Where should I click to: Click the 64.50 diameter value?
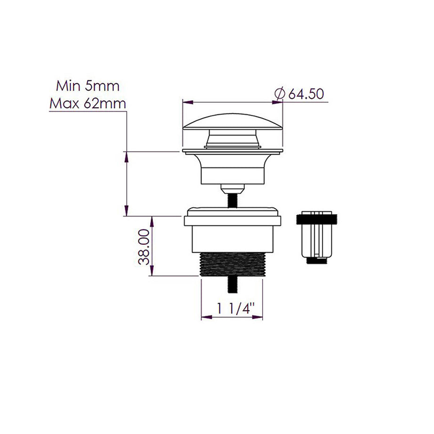pyautogui.click(x=305, y=94)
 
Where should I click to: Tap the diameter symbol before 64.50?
pyautogui.click(x=279, y=94)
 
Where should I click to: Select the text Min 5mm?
pyautogui.click(x=88, y=86)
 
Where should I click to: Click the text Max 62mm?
pyautogui.click(x=88, y=103)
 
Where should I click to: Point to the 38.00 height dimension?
pyautogui.click(x=144, y=246)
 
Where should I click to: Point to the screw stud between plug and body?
pyautogui.click(x=232, y=200)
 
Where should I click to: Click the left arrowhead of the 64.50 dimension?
pyautogui.click(x=185, y=101)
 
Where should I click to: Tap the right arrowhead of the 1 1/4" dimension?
pyautogui.click(x=260, y=317)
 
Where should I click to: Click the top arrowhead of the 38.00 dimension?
pyautogui.click(x=152, y=219)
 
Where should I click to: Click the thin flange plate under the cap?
pyautogui.click(x=233, y=152)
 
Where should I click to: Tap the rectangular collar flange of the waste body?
pyautogui.click(x=233, y=221)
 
